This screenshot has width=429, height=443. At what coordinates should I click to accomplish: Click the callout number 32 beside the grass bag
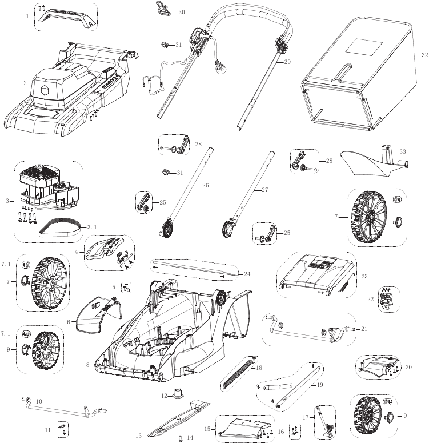(x=424, y=55)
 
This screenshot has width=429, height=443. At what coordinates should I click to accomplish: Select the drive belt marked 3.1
(x=62, y=228)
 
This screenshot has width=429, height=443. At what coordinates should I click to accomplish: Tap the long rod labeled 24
(x=194, y=270)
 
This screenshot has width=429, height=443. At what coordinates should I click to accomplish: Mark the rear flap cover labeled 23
(x=314, y=274)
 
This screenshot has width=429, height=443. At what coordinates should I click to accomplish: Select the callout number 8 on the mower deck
(x=87, y=364)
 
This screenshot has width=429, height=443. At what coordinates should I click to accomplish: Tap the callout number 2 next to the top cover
(x=25, y=83)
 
